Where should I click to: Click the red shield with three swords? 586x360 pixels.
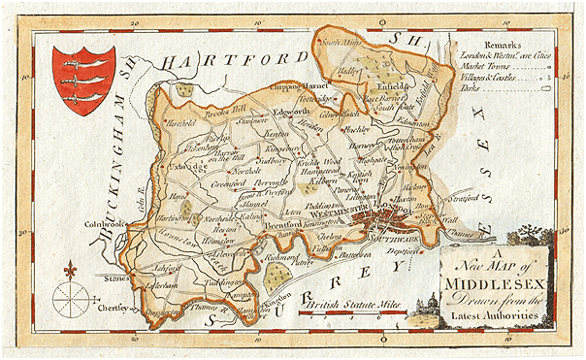(83, 81)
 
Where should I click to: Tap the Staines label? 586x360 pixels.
(116, 278)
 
